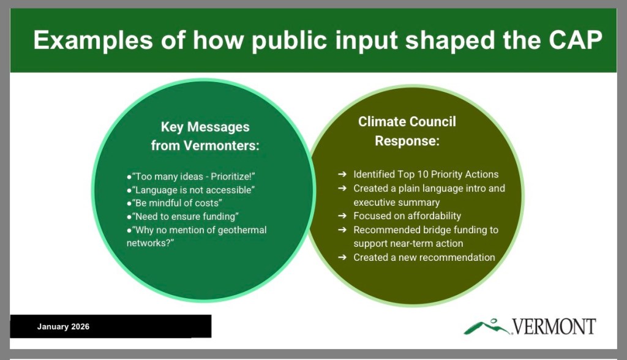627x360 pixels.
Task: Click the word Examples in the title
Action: (x=93, y=40)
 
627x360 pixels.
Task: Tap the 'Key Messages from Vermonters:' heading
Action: (x=205, y=136)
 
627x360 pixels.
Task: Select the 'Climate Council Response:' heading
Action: (x=407, y=131)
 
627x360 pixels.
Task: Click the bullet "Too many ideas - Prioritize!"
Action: (x=191, y=176)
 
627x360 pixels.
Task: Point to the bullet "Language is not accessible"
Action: (x=191, y=190)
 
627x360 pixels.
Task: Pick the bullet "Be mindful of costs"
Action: (x=175, y=203)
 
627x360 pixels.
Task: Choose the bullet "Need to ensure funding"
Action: (x=182, y=216)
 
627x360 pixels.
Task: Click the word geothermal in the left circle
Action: (x=242, y=230)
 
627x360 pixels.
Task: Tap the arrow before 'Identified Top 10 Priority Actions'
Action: (x=342, y=174)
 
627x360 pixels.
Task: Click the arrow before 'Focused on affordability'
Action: (x=342, y=216)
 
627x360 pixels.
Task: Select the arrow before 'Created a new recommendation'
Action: (x=342, y=257)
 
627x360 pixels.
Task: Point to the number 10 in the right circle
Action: (x=422, y=174)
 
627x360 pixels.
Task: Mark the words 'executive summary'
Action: (x=397, y=203)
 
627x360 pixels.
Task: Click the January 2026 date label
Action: (x=63, y=326)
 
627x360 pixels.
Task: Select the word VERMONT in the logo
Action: (x=554, y=326)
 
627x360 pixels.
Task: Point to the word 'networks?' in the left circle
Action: (x=151, y=243)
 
